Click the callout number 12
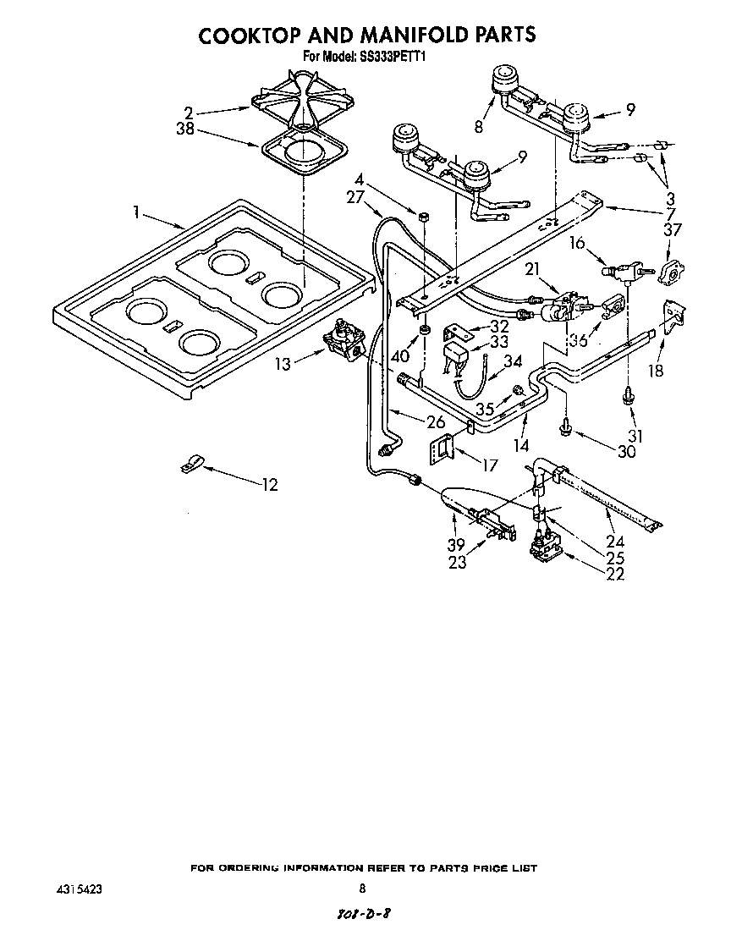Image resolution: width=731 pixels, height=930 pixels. click(270, 485)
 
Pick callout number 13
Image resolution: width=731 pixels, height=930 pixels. click(283, 364)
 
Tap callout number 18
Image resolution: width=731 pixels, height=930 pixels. click(655, 370)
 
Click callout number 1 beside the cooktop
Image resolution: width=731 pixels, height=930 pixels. click(137, 212)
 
